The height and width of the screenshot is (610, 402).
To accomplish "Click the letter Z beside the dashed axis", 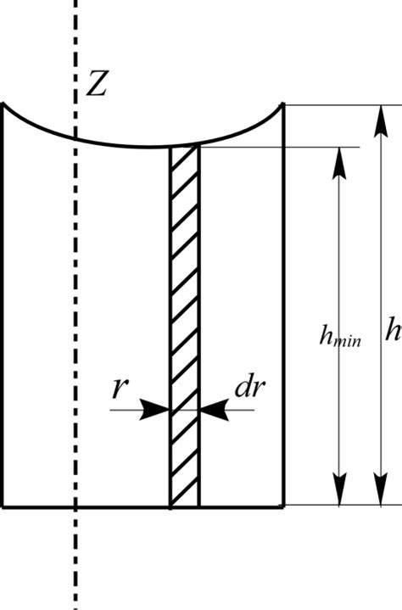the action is (96, 83).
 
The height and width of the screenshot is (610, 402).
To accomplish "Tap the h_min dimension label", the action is (340, 336).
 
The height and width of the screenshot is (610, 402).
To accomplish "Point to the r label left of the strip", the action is (120, 388).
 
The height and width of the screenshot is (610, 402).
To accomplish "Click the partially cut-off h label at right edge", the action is (394, 329).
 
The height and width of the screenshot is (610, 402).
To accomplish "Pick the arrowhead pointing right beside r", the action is (154, 410).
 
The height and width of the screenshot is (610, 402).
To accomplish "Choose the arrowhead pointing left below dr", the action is (214, 410).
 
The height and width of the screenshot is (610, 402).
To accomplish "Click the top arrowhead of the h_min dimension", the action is (339, 164).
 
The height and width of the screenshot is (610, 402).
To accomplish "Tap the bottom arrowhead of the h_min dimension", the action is (339, 490).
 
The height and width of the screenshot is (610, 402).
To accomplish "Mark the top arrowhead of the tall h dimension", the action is (381, 121).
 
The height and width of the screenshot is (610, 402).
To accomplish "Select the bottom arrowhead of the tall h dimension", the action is (381, 490).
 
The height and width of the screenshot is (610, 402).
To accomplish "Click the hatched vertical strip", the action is (185, 327).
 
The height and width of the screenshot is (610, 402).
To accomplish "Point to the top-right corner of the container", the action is (284, 104).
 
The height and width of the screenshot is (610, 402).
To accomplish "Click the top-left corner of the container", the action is (3, 104).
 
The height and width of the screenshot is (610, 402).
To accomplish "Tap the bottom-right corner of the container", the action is (284, 506).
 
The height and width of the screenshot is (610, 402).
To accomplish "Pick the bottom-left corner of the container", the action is (3, 506).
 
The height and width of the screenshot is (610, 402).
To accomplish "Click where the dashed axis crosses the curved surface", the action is (75, 138).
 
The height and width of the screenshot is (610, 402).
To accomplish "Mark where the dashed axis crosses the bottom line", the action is (75, 506).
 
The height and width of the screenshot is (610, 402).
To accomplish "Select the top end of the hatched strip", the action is (185, 146).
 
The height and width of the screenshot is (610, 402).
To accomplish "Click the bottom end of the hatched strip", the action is (185, 506).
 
